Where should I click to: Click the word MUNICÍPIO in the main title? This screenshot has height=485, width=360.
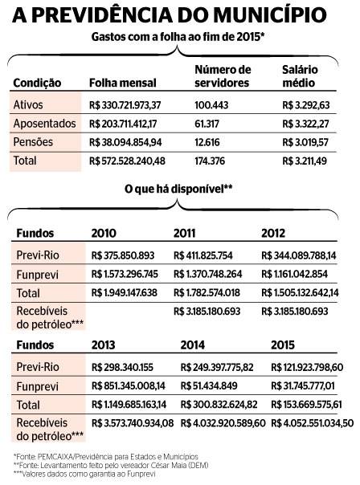point(270,14)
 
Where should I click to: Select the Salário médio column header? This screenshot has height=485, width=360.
point(300,76)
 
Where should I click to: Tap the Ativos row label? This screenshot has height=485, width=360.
point(28,105)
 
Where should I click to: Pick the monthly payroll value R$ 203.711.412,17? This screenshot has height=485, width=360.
point(123,124)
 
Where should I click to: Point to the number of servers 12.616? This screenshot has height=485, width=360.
point(207,142)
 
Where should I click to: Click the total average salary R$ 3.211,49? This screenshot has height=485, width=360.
point(305,161)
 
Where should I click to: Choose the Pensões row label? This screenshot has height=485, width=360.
point(33,142)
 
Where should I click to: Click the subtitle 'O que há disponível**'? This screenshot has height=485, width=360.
point(178,189)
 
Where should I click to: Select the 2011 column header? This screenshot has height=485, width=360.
point(184,233)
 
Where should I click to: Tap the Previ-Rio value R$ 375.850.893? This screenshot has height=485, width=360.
point(123,255)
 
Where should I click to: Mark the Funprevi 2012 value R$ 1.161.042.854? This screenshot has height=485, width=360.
point(294,274)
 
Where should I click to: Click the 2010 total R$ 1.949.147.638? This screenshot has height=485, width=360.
point(124,292)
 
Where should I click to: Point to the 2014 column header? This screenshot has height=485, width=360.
point(193,345)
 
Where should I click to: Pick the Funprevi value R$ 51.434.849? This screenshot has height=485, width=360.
point(209,385)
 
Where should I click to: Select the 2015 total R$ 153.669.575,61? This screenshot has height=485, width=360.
point(306,404)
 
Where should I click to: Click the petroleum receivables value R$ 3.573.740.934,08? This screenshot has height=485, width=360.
point(133,423)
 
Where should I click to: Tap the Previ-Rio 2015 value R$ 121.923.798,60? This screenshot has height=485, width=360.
point(307,367)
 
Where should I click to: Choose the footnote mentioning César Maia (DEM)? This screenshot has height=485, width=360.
point(111,465)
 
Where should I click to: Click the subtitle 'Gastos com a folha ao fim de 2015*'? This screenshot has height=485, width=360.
point(178,37)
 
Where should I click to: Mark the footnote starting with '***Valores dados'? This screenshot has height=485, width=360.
point(84,474)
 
